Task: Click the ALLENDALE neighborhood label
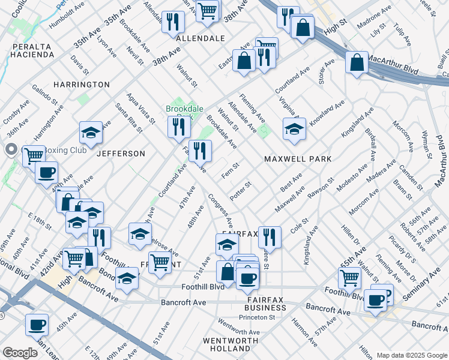[200, 38]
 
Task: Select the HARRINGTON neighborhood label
[82, 85]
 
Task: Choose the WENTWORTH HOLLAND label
[226, 344]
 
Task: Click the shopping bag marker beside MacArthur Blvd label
[357, 62]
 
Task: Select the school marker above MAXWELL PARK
[294, 129]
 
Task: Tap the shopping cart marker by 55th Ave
[349, 277]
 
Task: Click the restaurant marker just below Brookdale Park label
[179, 127]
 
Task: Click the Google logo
[20, 353]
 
